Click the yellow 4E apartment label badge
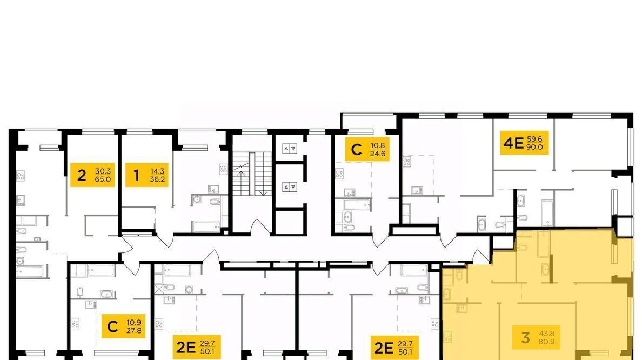[524, 143]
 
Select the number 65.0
[103, 179]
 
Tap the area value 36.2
[157, 179]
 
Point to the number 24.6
[378, 154]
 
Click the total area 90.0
[534, 147]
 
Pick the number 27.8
[134, 330]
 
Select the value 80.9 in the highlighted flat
[546, 341]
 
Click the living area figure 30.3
[103, 171]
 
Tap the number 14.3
[157, 171]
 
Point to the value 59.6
[534, 139]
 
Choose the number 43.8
[546, 334]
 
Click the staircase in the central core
[252, 174]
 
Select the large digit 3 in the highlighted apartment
[525, 337]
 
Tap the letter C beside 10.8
[357, 150]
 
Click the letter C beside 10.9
[112, 326]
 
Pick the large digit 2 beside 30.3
[82, 175]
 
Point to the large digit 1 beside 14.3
[136, 175]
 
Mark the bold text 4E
[513, 143]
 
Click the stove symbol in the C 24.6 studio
[339, 174]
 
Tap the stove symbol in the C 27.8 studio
[75, 324]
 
